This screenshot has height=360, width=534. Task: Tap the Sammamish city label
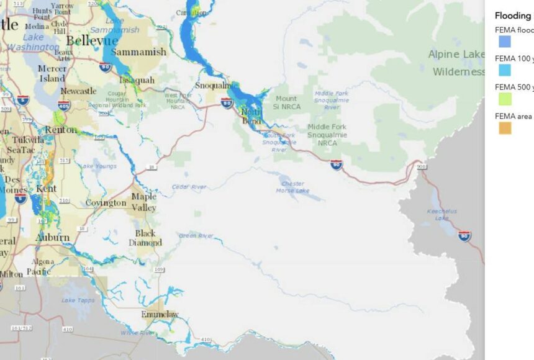pyautogui.click(x=138, y=52)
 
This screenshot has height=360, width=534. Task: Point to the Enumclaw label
pyautogui.click(x=160, y=315)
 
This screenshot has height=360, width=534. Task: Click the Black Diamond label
pyautogui.click(x=148, y=238)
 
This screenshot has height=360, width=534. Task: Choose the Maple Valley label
pyautogui.click(x=143, y=202)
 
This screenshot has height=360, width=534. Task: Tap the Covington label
pyautogui.click(x=106, y=203)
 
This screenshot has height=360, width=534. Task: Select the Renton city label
pyautogui.click(x=61, y=130)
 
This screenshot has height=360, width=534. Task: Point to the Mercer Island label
pyautogui.click(x=52, y=73)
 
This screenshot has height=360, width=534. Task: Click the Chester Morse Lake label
pyautogui.click(x=293, y=187)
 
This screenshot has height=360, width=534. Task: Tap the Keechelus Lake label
pyautogui.click(x=442, y=214)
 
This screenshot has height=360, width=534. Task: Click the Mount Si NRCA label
pyautogui.click(x=286, y=102)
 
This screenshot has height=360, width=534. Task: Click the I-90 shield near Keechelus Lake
pyautogui.click(x=464, y=235)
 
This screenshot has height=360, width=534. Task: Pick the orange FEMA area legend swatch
pyautogui.click(x=505, y=128)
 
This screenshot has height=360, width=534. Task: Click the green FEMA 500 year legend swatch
pyautogui.click(x=505, y=99)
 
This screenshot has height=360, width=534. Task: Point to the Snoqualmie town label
pyautogui.click(x=213, y=85)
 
